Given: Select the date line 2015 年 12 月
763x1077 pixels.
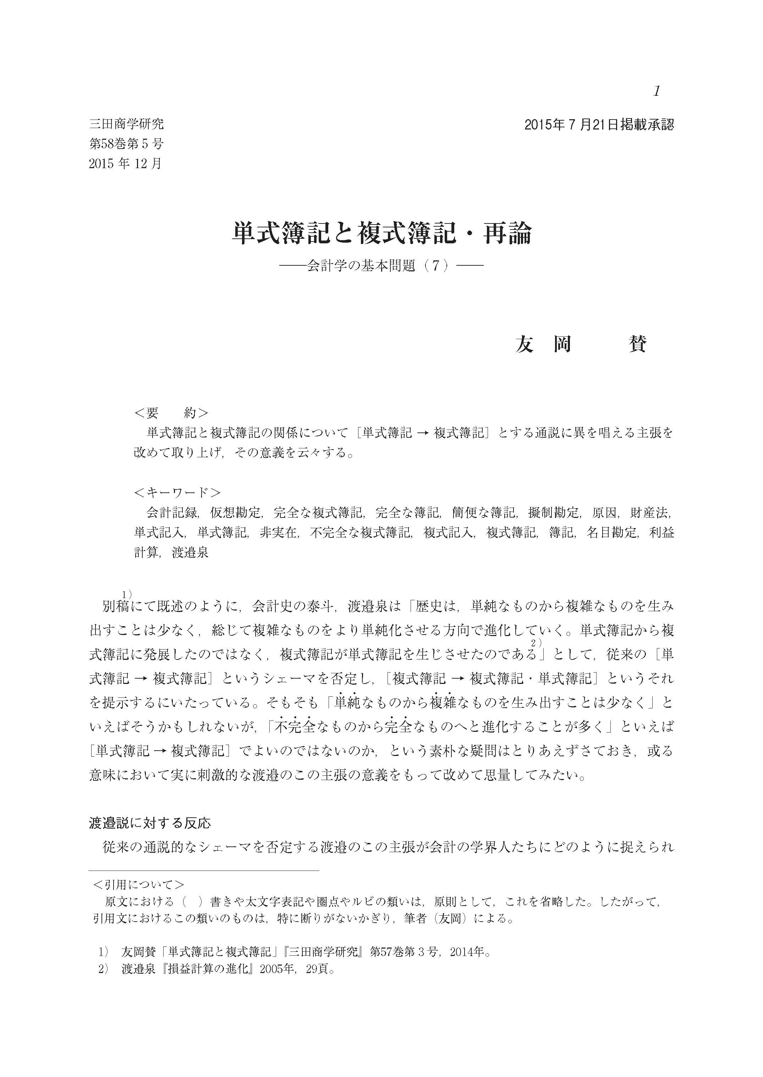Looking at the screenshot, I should pos(125,164).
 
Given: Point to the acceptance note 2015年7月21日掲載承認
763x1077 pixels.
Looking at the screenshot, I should pos(599,125).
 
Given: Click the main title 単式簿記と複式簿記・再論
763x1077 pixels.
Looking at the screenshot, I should pos(381,233).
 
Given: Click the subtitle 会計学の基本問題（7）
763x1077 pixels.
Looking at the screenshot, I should pos(381,266).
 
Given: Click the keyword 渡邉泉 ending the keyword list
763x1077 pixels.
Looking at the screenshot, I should pos(190,552).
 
